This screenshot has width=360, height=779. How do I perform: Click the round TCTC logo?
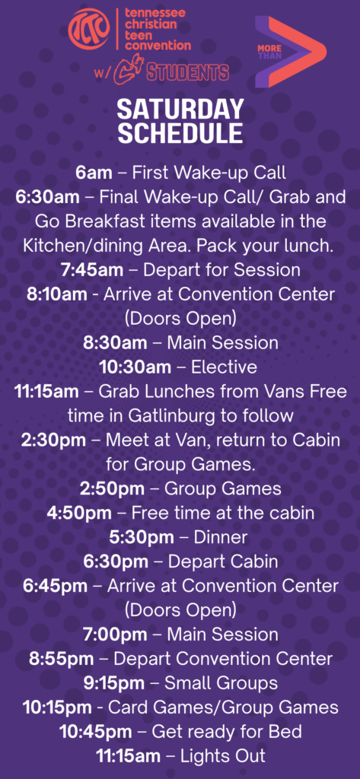point(88,30)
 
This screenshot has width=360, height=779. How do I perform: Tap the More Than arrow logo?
point(291,52)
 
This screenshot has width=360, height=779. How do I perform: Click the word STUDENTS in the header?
point(187,72)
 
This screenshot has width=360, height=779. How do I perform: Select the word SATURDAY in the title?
point(180,110)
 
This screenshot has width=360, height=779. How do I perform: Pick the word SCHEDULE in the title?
point(180,133)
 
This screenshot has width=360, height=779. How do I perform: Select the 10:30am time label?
point(135,367)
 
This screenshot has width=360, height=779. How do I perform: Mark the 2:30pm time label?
point(53,440)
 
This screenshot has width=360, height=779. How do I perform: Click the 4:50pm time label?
point(80,513)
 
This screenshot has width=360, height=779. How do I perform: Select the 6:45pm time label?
point(56,586)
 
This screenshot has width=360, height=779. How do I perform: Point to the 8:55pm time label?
point(61,659)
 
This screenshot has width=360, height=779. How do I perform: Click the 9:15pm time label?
point(114,683)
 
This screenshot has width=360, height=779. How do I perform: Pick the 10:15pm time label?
point(56,707)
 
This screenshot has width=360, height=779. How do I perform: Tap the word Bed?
point(288,732)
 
